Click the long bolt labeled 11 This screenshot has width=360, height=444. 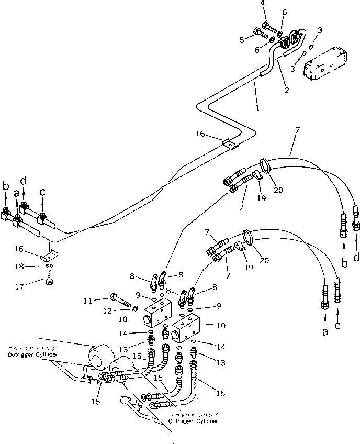click(x=120, y=301)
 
